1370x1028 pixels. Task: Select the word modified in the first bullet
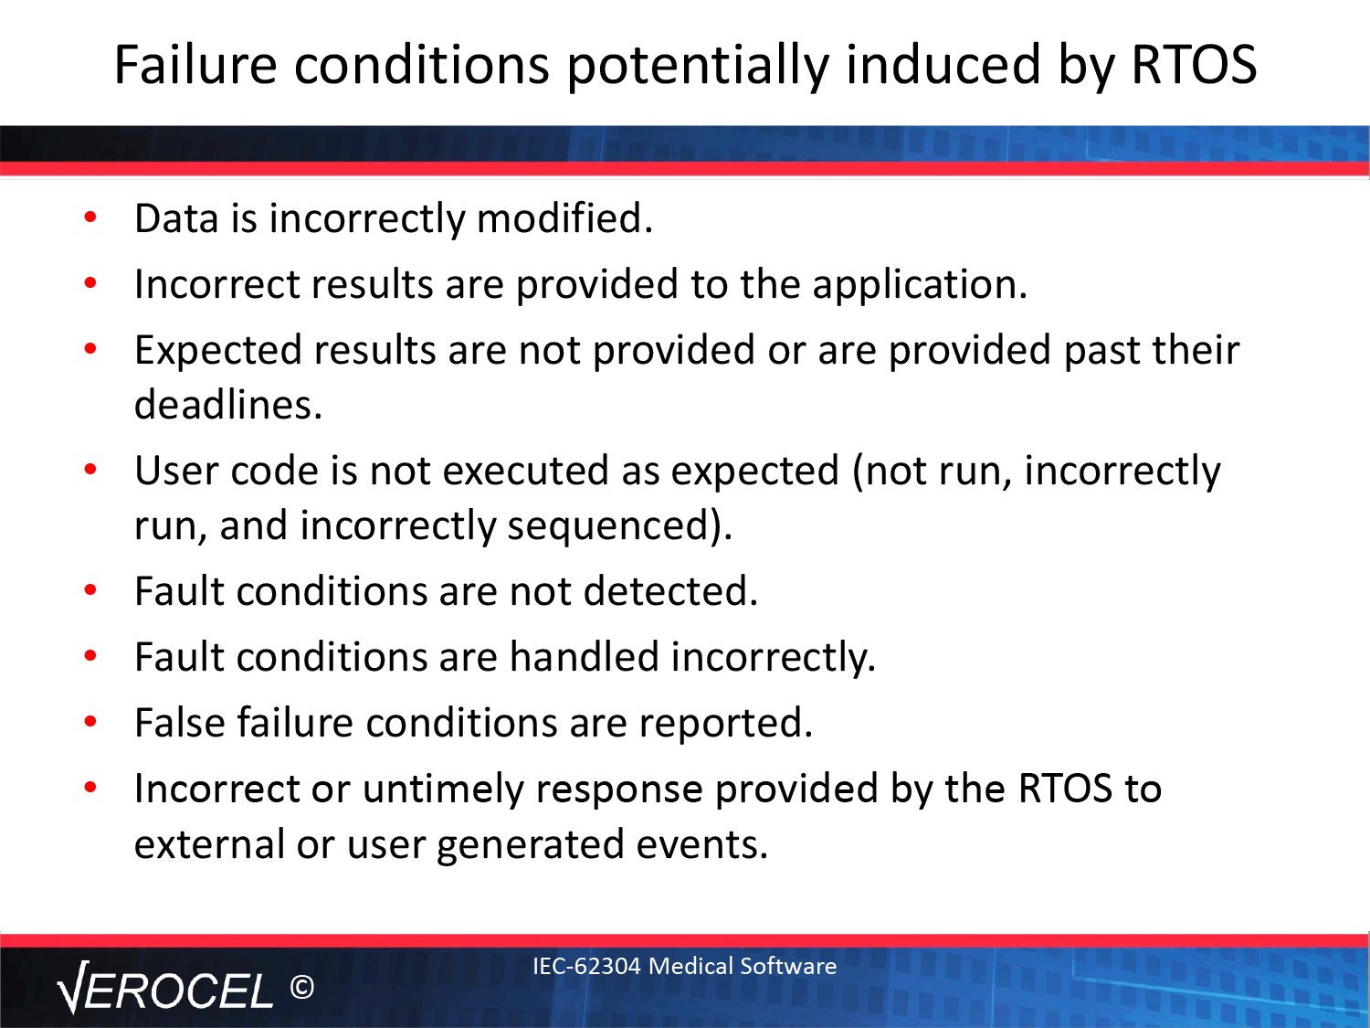pyautogui.click(x=564, y=217)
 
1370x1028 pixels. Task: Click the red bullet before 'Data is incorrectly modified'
pyautogui.click(x=90, y=217)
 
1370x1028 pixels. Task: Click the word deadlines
pyautogui.click(x=228, y=405)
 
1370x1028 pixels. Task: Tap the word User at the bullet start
pyautogui.click(x=176, y=471)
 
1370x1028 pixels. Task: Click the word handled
pyautogui.click(x=585, y=657)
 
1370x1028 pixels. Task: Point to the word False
pyautogui.click(x=180, y=723)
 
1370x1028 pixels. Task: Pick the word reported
pyautogui.click(x=726, y=724)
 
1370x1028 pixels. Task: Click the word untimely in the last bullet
pyautogui.click(x=443, y=790)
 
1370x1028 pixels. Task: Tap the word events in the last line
pyautogui.click(x=702, y=845)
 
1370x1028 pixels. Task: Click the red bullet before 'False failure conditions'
pyautogui.click(x=90, y=722)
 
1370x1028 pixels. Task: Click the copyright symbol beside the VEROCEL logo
pyautogui.click(x=302, y=988)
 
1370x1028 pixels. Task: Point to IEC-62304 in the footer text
pyautogui.click(x=586, y=966)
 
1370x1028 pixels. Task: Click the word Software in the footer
pyautogui.click(x=788, y=966)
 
